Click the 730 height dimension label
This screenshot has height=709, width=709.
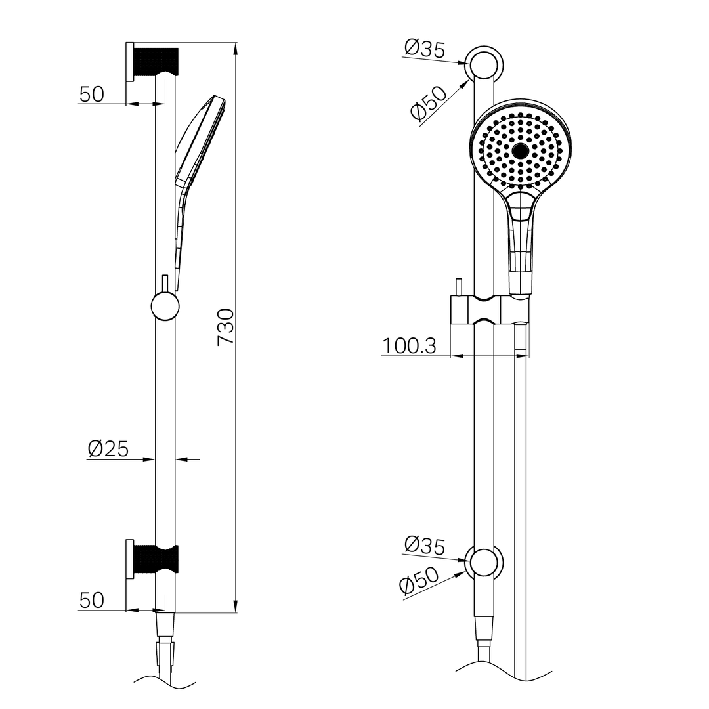coord(225,326)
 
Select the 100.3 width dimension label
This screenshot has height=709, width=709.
coord(409,346)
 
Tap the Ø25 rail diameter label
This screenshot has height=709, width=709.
coord(108,449)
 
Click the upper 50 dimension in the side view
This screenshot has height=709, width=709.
coord(92,95)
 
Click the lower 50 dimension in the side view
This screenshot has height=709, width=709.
coord(92,600)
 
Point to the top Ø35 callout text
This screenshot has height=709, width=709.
coord(425,49)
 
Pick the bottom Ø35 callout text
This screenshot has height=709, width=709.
coord(425,546)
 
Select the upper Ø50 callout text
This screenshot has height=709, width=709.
coord(428,103)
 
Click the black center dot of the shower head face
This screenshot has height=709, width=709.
coord(521,151)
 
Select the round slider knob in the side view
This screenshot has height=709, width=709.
coord(165,307)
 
